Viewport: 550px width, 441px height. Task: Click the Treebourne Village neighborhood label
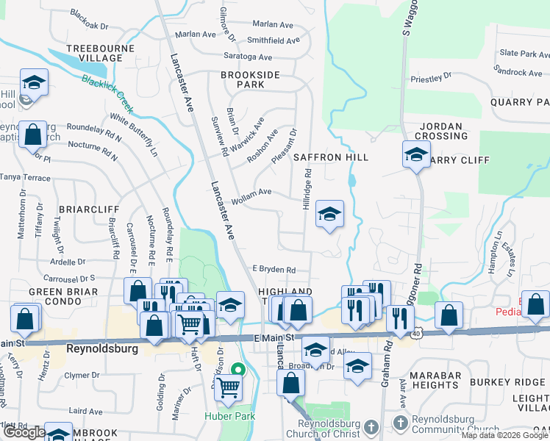pyautogui.click(x=94, y=53)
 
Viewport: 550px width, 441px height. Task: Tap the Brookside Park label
pyautogui.click(x=250, y=79)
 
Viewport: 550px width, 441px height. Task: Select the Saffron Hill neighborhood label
pyautogui.click(x=330, y=157)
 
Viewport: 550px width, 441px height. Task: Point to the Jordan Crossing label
pyautogui.click(x=441, y=131)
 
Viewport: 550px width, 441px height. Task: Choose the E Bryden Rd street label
pyautogui.click(x=274, y=270)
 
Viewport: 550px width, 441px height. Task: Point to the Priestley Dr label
pyautogui.click(x=431, y=77)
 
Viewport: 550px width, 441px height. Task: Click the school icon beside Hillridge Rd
pyautogui.click(x=329, y=214)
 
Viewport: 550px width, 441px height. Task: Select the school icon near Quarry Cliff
pyautogui.click(x=416, y=155)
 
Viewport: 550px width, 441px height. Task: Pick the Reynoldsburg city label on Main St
pyautogui.click(x=101, y=348)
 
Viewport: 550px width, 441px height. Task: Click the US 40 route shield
pyautogui.click(x=415, y=334)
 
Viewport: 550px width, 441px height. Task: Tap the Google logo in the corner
pyautogui.click(x=24, y=432)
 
